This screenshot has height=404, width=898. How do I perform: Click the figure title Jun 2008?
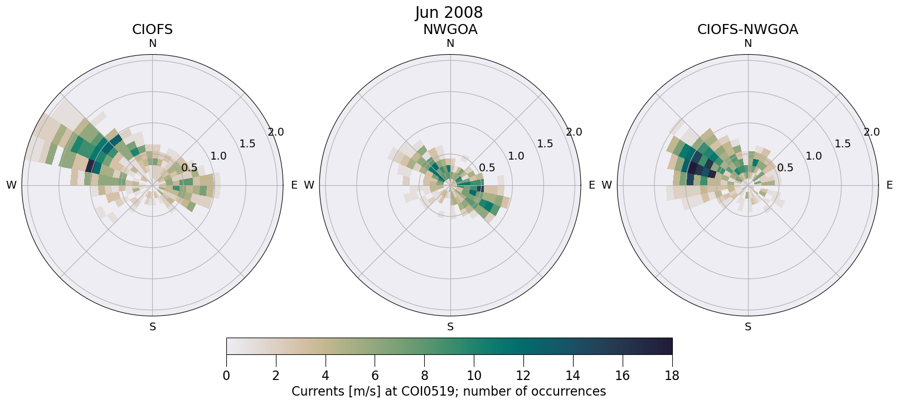(449, 13)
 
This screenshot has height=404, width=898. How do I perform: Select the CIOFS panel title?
(152, 30)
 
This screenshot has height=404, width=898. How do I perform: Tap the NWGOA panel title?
(450, 30)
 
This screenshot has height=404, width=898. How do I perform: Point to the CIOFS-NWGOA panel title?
(747, 30)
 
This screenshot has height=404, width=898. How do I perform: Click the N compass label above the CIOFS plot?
(152, 44)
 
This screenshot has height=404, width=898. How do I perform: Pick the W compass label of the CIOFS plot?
(11, 185)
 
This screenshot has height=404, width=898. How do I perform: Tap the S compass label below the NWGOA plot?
(450, 327)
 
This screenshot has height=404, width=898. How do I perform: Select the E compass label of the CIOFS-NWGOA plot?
(889, 185)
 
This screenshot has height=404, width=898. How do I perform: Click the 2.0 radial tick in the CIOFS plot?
(275, 132)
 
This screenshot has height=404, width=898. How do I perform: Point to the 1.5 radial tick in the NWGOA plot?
(545, 144)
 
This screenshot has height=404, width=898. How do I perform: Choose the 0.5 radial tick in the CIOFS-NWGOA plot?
(785, 167)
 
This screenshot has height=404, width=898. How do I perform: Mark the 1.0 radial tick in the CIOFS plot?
(218, 156)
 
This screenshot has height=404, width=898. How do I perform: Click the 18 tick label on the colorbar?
(672, 376)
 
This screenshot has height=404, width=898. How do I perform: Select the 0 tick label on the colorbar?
(226, 376)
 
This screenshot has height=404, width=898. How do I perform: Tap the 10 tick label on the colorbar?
(474, 376)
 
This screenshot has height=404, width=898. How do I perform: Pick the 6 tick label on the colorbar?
(375, 376)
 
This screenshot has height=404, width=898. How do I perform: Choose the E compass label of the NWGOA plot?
(591, 185)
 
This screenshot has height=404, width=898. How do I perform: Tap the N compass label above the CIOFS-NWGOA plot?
(748, 44)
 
